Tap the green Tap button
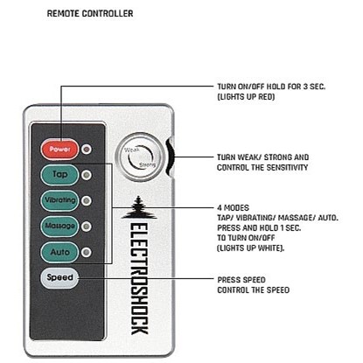(x=59, y=175)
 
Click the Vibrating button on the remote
(x=59, y=200)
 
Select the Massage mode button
(x=59, y=227)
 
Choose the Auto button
(x=59, y=252)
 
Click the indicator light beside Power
(x=86, y=150)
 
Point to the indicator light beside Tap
(x=86, y=175)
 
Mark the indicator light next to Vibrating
(x=86, y=201)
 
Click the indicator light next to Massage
(x=86, y=227)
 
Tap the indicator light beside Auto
(x=86, y=253)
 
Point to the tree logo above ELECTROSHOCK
(x=138, y=207)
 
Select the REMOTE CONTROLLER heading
(x=90, y=14)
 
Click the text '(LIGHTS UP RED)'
(x=246, y=97)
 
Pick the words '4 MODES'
(x=233, y=208)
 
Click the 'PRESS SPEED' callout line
(x=146, y=278)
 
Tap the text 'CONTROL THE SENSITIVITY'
(x=262, y=168)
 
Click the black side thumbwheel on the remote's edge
(x=170, y=157)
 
